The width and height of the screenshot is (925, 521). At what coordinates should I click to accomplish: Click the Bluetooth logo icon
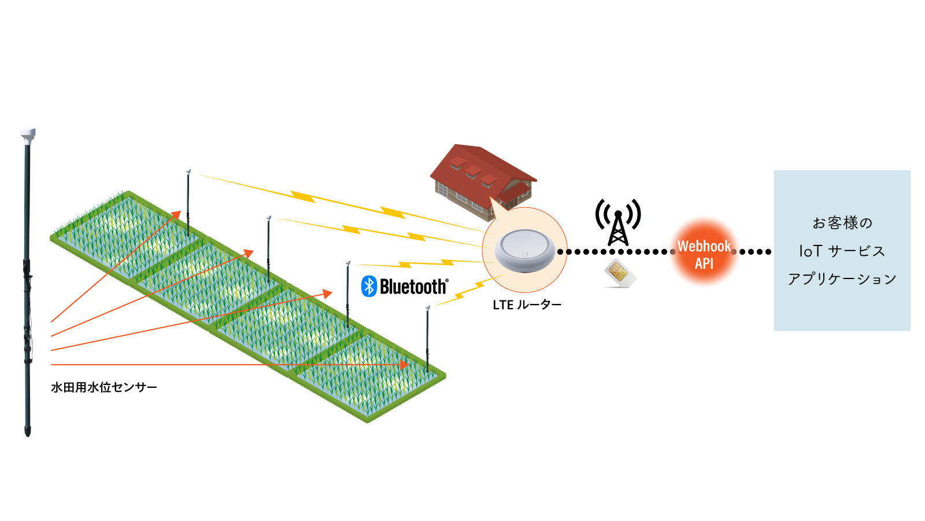coord(369,287)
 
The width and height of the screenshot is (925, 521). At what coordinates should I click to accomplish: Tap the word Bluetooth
coord(413,287)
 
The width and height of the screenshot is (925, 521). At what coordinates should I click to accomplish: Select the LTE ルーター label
coord(527,304)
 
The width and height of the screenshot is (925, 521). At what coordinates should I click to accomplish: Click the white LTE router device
coord(524,250)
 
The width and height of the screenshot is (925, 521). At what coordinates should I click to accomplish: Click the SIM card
coord(619,273)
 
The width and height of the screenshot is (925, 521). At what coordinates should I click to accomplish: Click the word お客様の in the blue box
coord(842,223)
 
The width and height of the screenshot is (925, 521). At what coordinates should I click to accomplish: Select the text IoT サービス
coord(842,251)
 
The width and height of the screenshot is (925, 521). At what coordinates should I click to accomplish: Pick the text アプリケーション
coord(842,279)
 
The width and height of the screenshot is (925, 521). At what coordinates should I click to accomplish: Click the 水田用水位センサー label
coord(104,387)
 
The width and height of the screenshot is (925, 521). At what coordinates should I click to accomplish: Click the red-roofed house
coord(483,179)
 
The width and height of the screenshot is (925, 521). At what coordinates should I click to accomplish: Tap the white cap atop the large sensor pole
coord(28,135)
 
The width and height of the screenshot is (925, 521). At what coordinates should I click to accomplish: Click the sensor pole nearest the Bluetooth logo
coord(347,292)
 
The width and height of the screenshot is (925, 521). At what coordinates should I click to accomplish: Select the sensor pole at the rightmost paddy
coord(427,339)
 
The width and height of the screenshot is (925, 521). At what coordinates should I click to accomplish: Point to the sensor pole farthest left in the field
coord(188,203)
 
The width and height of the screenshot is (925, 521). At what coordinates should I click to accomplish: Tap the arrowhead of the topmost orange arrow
coord(176,215)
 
